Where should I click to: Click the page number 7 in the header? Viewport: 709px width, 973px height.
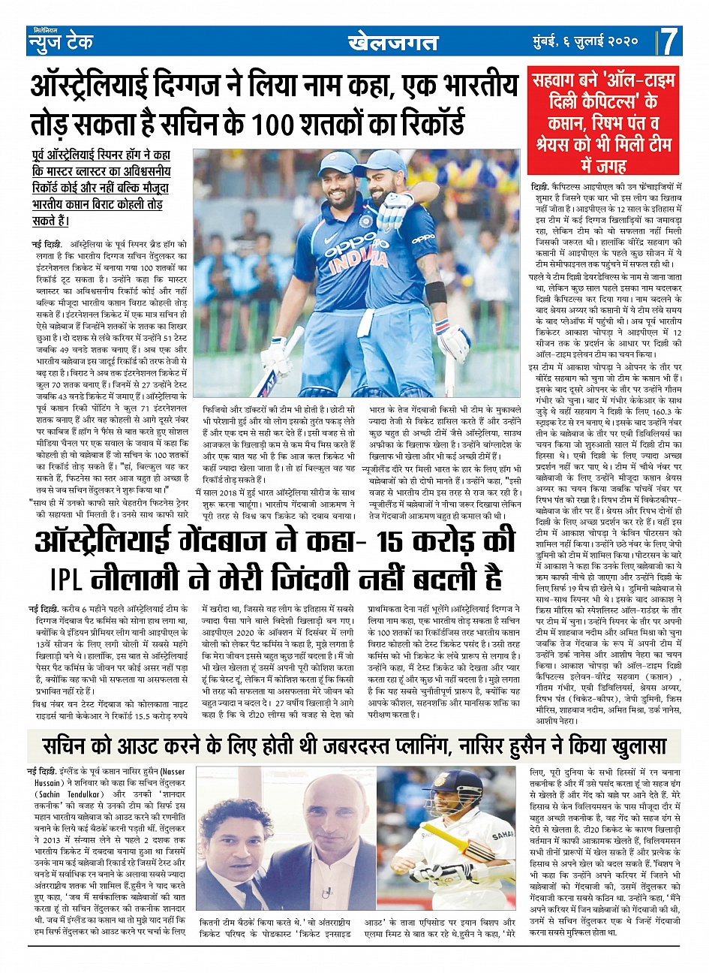point(670,42)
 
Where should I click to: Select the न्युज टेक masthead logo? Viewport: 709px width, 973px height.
point(62,42)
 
